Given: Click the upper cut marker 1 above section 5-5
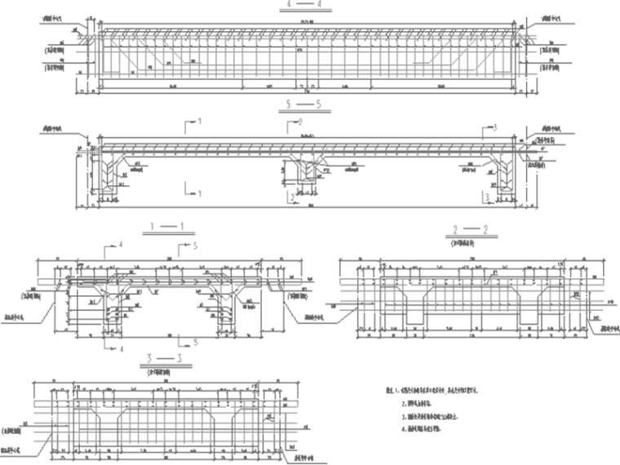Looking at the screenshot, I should pos(197,122).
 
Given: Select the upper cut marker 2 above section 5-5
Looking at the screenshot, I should pos(299,122).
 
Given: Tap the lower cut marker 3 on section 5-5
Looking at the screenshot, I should pos(486,197).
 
